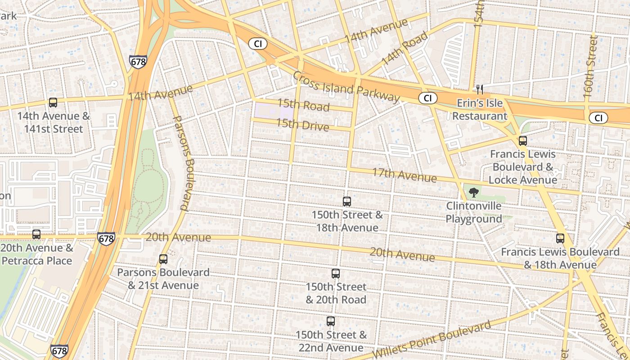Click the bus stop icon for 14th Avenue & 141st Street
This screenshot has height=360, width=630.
pos(53,103)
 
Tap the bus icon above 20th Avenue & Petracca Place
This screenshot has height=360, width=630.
pos(36,234)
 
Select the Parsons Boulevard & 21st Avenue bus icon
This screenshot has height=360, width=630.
pos(163,259)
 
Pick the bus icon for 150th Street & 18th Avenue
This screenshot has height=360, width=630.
pos(347,202)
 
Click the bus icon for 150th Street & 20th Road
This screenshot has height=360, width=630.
pos(336,273)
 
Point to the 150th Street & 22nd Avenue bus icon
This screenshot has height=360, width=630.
pos(331,321)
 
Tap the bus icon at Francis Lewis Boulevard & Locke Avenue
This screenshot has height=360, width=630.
pos(522,141)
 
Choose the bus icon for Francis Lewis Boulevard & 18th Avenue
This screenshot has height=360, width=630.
pos(560,238)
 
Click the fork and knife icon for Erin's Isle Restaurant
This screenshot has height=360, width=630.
pos(480,90)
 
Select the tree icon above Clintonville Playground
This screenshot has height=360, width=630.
pos(473,193)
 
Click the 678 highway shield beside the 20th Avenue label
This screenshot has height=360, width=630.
pos(106,238)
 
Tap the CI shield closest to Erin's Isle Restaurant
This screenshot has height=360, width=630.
pos(427,98)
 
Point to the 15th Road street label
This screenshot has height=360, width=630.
pos(303,105)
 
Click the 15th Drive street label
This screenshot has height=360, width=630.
pos(302,124)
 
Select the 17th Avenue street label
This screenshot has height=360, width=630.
pos(404,175)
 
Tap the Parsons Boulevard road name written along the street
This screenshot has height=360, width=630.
pos(183,163)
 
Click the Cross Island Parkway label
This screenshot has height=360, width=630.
pos(346,87)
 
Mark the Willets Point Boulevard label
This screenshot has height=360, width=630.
pos(432,340)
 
